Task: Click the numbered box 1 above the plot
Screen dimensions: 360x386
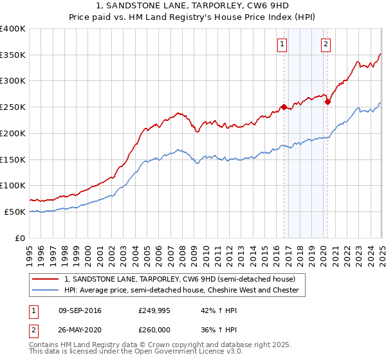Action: (x=282, y=44)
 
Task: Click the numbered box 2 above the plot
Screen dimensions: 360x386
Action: (x=326, y=44)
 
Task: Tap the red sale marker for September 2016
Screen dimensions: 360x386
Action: (x=284, y=107)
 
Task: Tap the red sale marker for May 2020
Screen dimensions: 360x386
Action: (x=327, y=102)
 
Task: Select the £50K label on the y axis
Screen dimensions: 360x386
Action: (x=15, y=212)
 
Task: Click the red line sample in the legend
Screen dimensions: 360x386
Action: (x=46, y=279)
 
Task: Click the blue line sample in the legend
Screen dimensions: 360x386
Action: (x=46, y=291)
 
